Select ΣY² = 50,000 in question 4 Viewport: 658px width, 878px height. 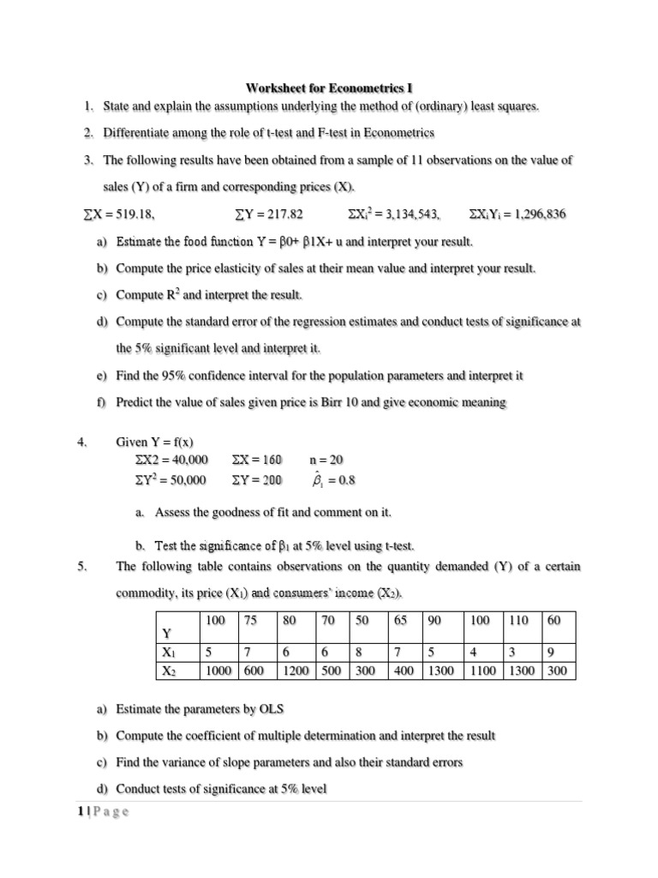[x=165, y=480]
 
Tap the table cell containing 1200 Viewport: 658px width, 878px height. [x=295, y=671]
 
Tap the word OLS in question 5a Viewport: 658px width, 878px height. [x=269, y=710]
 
